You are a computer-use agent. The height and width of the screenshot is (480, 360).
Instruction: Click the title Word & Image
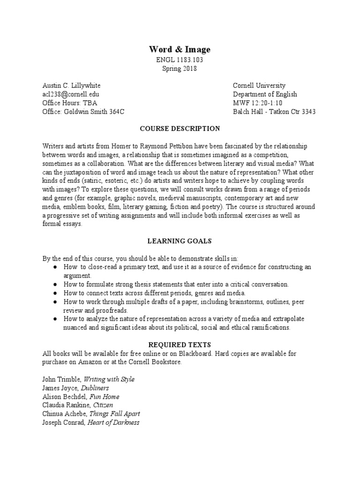[180, 49]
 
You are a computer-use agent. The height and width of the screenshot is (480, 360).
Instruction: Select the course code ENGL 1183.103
[180, 60]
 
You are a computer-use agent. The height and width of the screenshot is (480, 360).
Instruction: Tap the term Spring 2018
[180, 68]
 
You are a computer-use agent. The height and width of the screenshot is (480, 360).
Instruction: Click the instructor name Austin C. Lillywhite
[71, 86]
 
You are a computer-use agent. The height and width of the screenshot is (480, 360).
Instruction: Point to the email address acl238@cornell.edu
[70, 94]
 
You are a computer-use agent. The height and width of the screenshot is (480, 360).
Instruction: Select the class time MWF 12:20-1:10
[258, 103]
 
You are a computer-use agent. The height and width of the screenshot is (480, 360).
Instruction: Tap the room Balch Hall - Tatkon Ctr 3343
[274, 112]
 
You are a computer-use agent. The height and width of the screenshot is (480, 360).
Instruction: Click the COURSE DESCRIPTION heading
[180, 128]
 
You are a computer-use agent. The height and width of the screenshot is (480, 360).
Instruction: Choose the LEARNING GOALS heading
[180, 241]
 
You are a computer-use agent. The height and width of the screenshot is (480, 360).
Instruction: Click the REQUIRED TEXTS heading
[180, 345]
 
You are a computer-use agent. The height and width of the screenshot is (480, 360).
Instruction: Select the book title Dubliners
[95, 388]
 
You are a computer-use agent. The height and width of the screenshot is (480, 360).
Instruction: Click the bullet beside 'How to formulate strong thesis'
[55, 284]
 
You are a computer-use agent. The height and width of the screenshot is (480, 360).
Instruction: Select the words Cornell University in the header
[259, 86]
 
